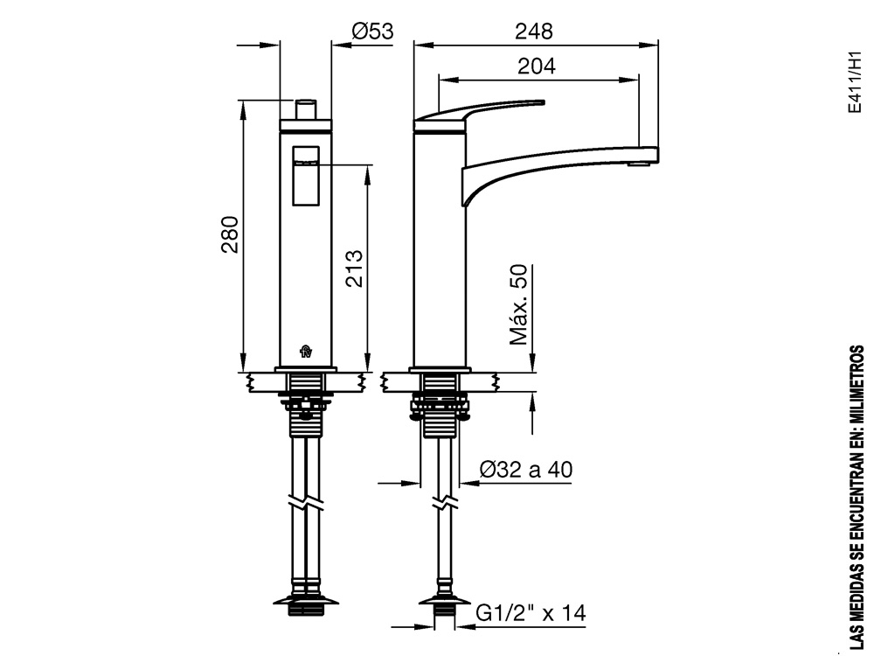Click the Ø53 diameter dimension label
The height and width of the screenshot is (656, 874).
(x=372, y=31)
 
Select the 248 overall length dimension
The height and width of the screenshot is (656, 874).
(x=533, y=31)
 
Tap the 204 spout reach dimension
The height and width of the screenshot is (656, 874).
(x=537, y=66)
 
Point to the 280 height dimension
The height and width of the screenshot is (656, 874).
(x=230, y=234)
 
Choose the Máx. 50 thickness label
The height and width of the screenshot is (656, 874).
(x=518, y=304)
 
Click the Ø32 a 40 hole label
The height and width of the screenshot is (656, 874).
(x=525, y=470)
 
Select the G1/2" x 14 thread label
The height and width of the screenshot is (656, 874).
(x=531, y=613)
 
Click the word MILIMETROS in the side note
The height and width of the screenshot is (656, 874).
(x=857, y=385)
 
